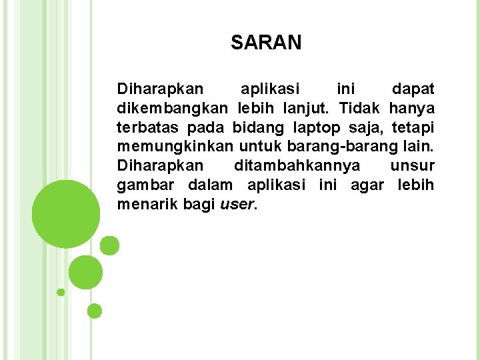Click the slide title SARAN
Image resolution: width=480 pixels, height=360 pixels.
[x=266, y=43]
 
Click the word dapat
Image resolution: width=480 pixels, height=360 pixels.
[x=413, y=89]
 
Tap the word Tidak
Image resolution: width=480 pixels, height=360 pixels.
[x=360, y=108]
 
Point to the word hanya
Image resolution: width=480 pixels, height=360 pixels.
[x=412, y=108]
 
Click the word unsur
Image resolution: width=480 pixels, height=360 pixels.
[x=413, y=166]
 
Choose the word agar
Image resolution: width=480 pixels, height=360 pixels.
[x=367, y=185]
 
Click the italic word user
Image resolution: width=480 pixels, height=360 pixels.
[x=236, y=205]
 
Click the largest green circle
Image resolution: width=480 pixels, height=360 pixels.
[x=66, y=213]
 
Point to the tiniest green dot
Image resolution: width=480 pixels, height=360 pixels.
[x=61, y=292]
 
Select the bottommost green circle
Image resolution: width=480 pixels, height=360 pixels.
[x=95, y=311]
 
